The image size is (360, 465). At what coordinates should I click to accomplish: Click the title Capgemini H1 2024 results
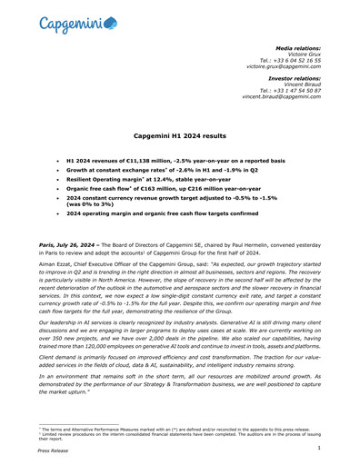point(179,134)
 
